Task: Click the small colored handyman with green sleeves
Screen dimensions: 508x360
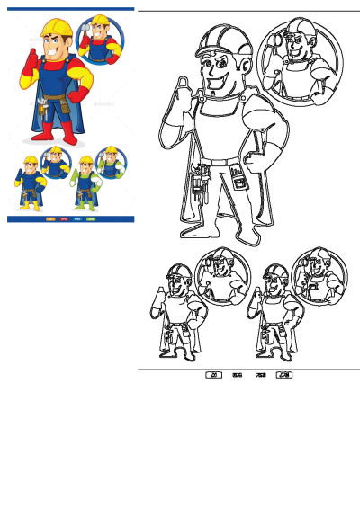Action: [85, 180]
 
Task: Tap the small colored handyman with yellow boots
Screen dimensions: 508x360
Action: [30, 180]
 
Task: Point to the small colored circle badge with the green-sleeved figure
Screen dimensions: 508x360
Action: [109, 163]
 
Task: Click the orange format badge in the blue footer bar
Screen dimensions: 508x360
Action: [50, 218]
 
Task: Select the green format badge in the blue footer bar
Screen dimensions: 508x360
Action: [91, 218]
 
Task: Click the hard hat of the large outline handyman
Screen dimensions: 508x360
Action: [220, 40]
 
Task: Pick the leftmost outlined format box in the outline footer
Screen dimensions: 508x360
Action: [214, 374]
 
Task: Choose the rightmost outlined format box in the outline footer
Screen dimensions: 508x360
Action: [284, 374]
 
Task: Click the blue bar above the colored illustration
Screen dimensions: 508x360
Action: [70, 9]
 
